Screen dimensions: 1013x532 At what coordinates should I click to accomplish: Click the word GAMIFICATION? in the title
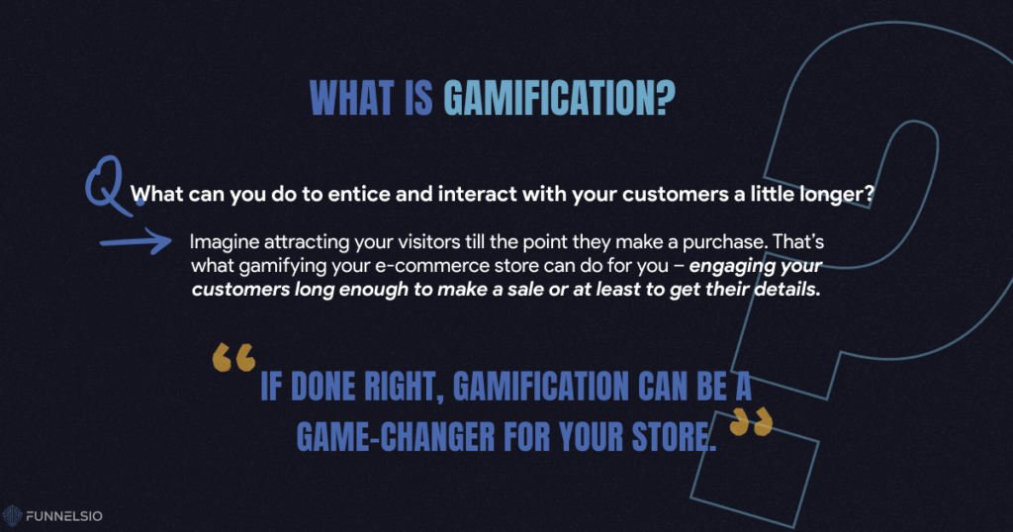click(559, 99)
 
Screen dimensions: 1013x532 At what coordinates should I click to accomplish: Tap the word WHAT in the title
click(352, 99)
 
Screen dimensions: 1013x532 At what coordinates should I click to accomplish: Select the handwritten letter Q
click(109, 185)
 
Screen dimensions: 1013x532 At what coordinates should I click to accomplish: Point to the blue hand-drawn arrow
click(136, 241)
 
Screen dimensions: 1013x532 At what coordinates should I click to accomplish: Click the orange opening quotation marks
click(233, 357)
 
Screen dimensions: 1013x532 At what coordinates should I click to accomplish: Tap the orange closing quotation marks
click(752, 421)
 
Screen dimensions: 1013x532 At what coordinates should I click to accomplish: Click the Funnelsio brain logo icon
click(12, 515)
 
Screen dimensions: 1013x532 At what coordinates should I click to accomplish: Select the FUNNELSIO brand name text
click(64, 516)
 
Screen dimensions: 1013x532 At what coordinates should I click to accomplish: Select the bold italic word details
click(787, 290)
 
